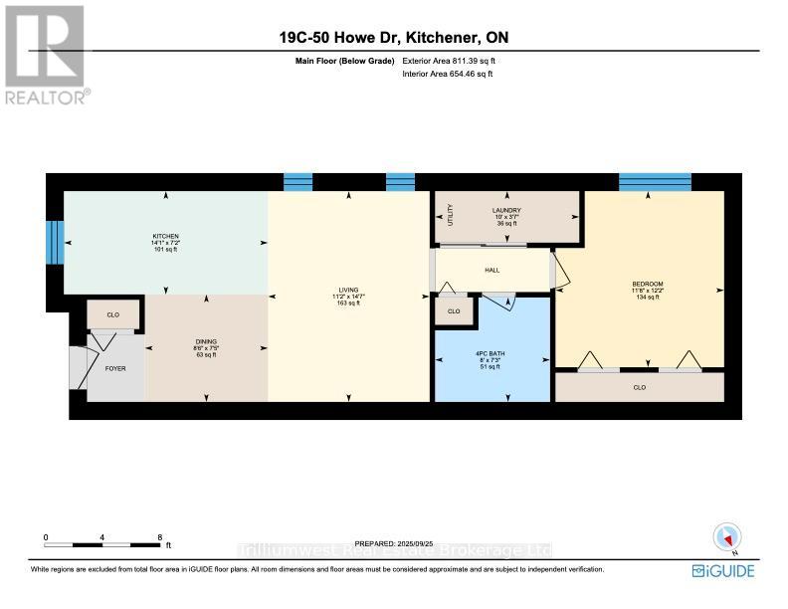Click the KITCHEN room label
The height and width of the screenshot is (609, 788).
165,236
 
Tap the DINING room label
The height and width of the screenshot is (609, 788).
206,341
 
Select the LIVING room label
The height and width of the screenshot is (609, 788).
345,292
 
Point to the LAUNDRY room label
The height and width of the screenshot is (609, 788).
506,210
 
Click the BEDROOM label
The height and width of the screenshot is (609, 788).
647,285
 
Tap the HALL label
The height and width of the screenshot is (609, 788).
492,270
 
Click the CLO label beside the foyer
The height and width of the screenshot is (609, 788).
113,314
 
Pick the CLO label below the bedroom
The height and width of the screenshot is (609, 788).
639,386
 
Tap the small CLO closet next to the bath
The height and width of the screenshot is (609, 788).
454,311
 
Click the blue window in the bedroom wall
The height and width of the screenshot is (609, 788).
654,181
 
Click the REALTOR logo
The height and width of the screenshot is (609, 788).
46,54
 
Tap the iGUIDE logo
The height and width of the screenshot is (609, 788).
724,570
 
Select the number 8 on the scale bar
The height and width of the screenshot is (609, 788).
159,537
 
